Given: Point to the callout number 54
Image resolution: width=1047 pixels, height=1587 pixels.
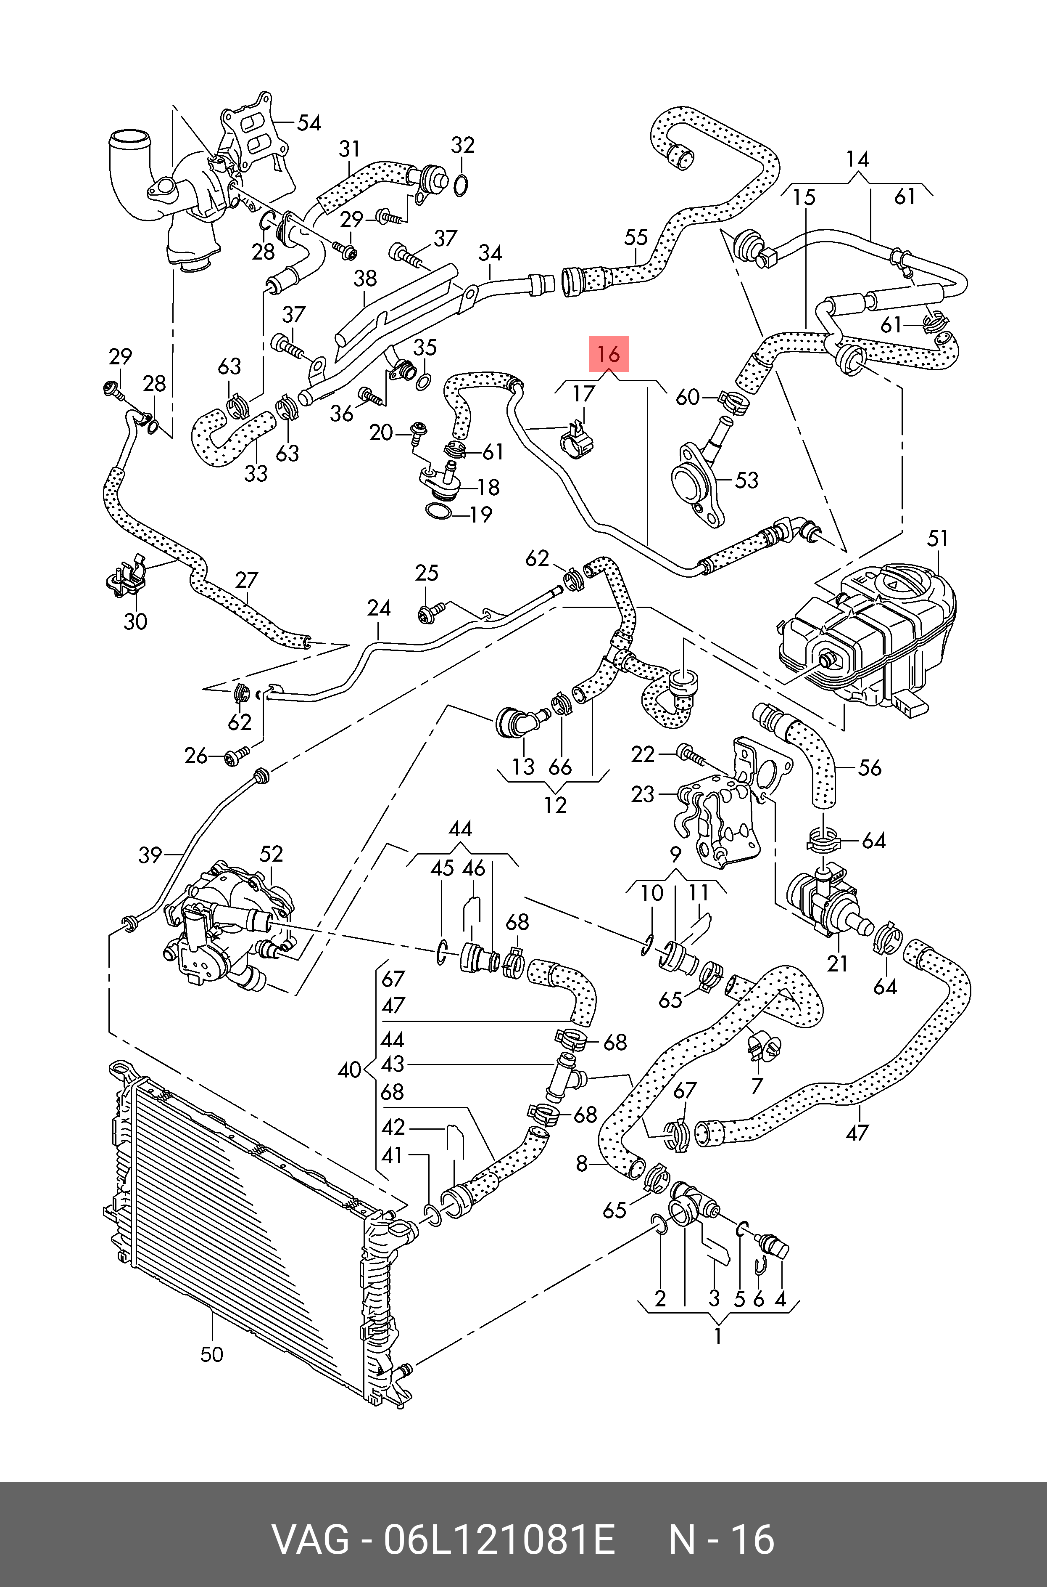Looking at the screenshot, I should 309,123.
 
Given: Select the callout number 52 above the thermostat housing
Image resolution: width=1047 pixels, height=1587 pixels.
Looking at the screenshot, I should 271,854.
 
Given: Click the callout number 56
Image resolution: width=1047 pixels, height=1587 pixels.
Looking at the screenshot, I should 869,768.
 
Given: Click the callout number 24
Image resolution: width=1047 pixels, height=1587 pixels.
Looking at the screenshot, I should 379,608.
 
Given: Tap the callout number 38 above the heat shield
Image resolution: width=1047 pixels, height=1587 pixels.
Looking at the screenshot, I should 365,279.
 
